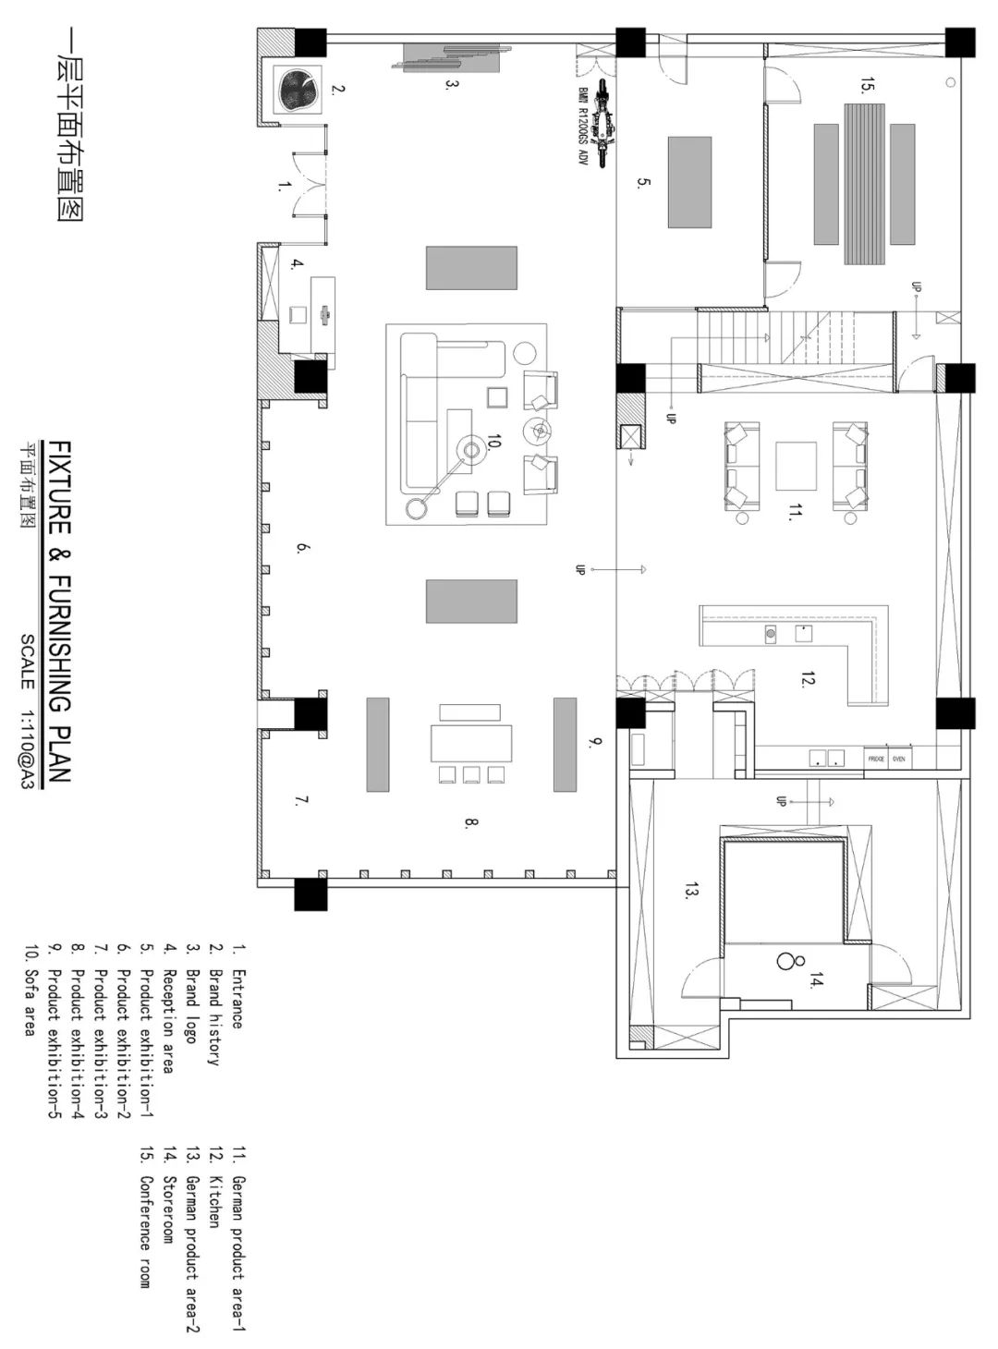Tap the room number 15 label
866,88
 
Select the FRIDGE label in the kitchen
876,759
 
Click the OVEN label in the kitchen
899,759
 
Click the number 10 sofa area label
493,444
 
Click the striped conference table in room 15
865,183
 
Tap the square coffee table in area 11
797,467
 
